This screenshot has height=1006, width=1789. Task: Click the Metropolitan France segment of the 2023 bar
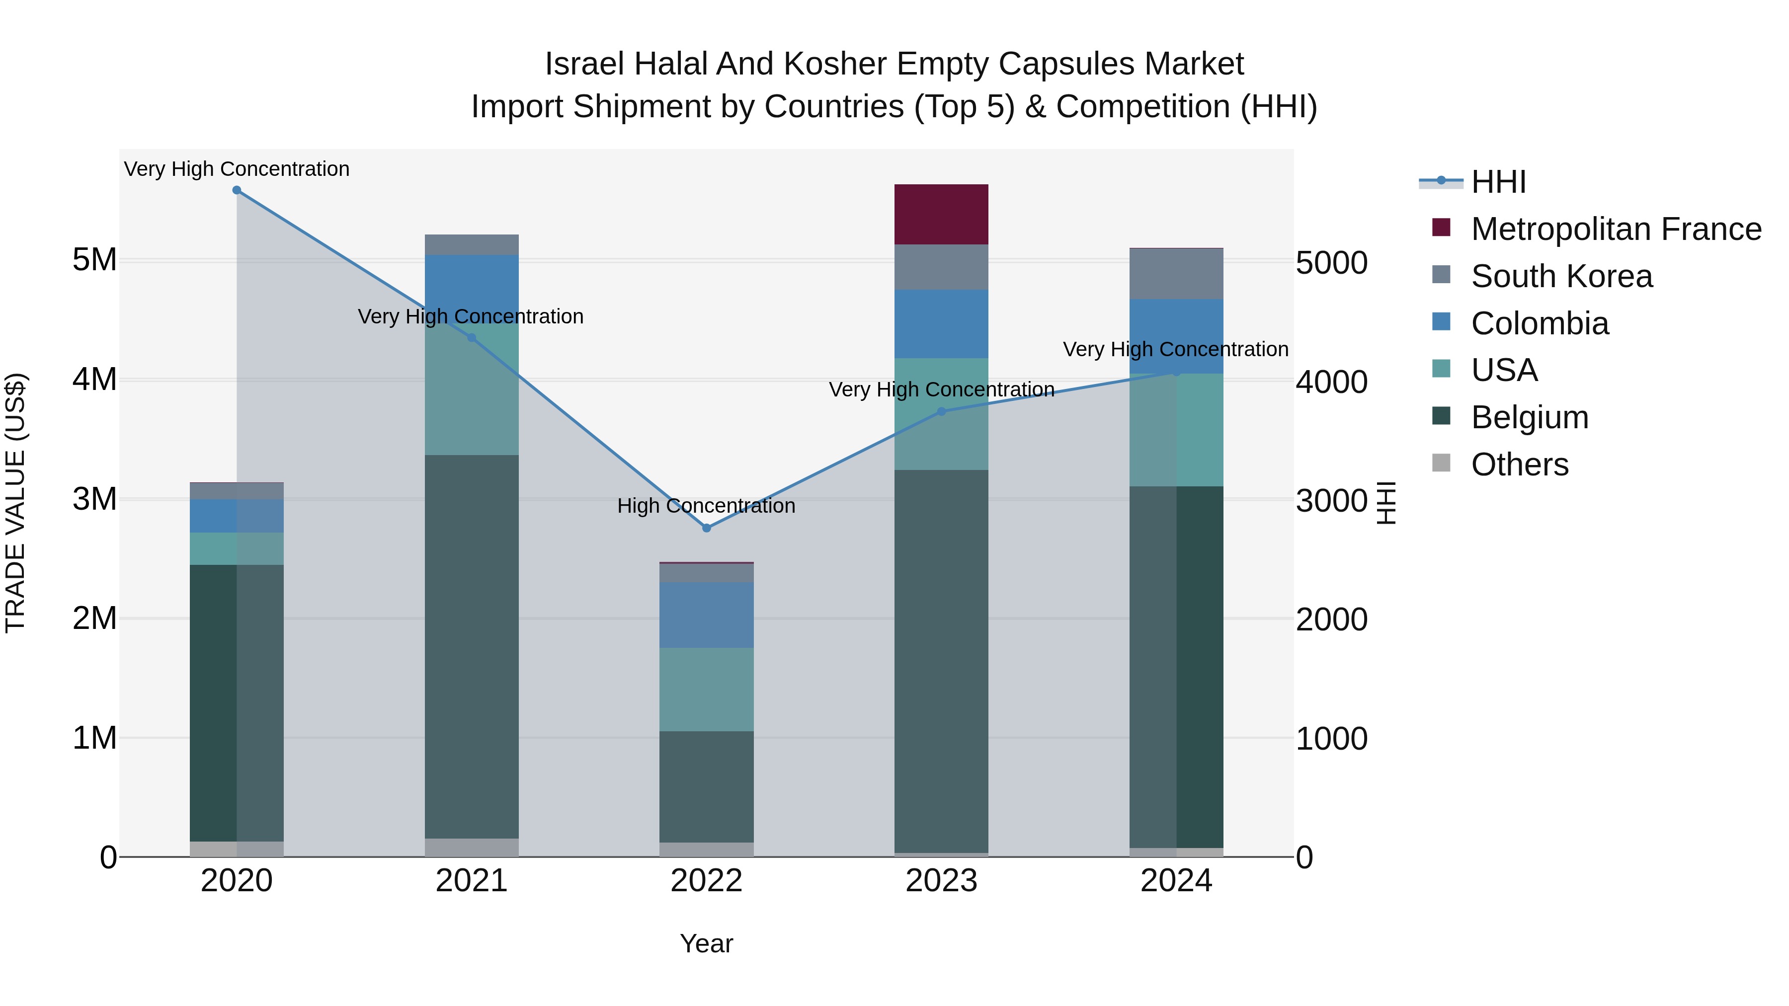tap(941, 215)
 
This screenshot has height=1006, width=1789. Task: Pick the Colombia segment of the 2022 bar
tap(706, 615)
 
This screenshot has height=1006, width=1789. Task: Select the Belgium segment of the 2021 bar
tap(472, 646)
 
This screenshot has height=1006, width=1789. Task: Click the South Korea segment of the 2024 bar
tap(1176, 274)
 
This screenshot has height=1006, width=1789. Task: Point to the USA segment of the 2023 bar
tap(941, 414)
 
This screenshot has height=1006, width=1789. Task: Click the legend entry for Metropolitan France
tap(1616, 229)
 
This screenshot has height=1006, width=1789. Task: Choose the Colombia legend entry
tap(1539, 323)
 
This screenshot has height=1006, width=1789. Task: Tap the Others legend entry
tap(1520, 464)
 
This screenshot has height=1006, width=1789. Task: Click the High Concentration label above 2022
tap(706, 506)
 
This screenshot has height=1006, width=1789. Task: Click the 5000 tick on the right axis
tap(1331, 263)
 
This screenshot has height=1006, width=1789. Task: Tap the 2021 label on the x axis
tap(472, 881)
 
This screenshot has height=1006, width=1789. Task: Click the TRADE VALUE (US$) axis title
tap(15, 503)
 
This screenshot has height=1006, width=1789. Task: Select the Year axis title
tap(706, 943)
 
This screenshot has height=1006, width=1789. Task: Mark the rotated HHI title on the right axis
tap(1386, 503)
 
